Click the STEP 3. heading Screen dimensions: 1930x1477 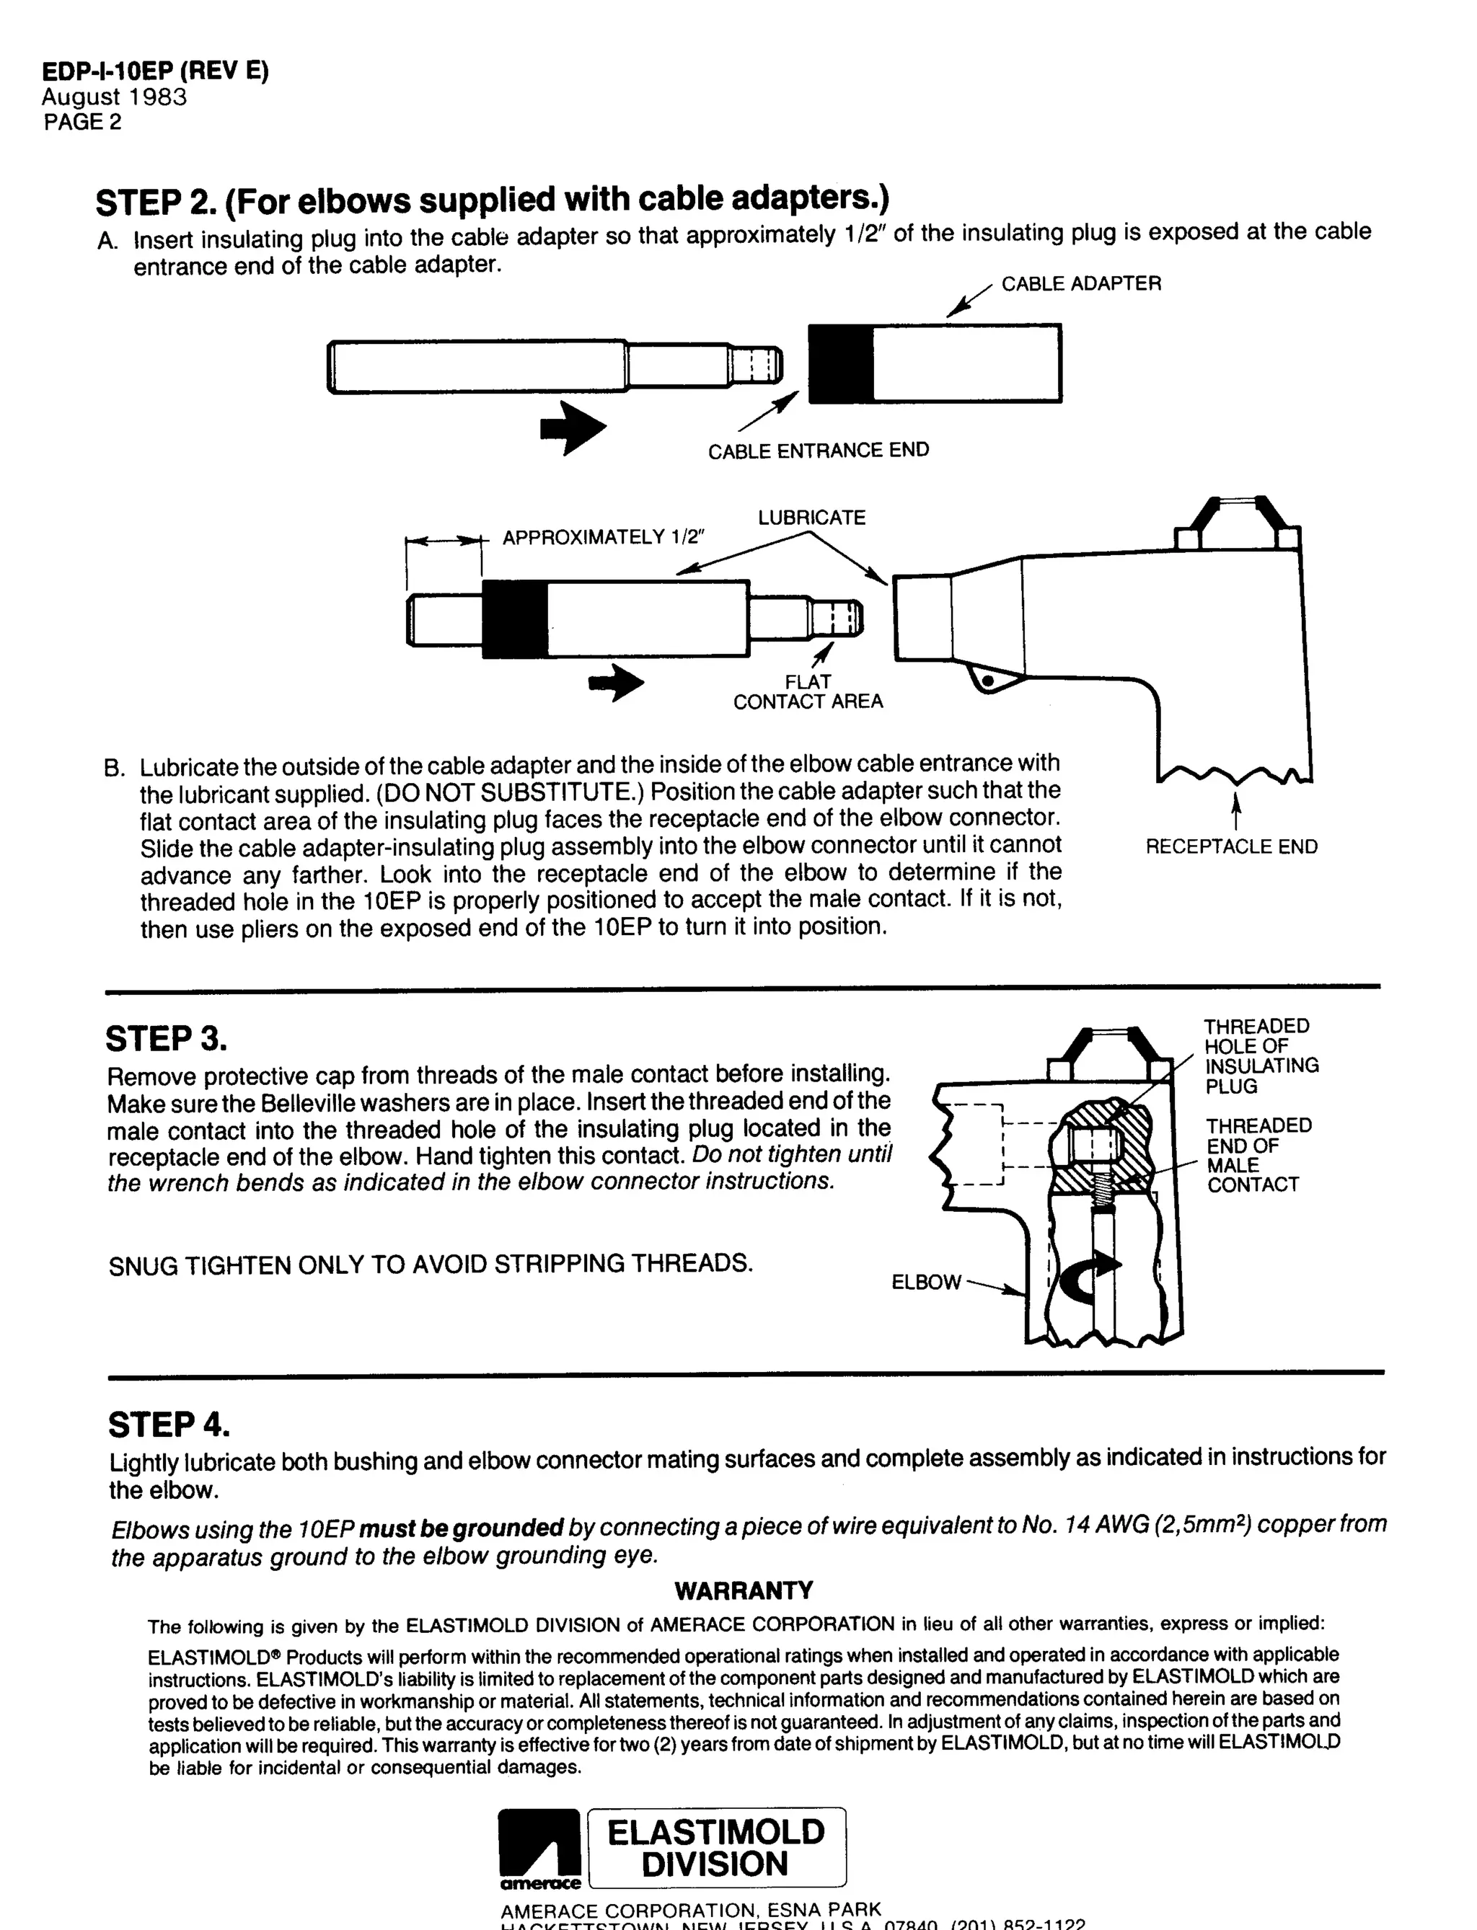pos(166,1038)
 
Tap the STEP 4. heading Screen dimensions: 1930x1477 pos(169,1425)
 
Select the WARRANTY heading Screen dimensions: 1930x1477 pos(744,1590)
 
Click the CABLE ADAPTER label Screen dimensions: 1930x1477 pos(1080,283)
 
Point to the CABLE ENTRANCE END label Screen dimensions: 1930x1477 pos(818,450)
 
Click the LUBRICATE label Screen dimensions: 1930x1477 pos(811,518)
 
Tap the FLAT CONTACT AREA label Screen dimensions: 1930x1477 pos(808,691)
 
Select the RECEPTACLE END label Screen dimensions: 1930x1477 pos(1231,846)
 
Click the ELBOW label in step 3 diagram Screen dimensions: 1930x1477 pos(926,1283)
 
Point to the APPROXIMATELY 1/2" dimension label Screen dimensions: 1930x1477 pos(603,537)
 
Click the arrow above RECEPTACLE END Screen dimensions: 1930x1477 pos(1236,811)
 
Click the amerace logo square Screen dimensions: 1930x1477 pos(539,1846)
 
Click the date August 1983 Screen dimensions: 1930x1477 pos(114,97)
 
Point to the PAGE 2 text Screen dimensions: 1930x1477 pos(83,122)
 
